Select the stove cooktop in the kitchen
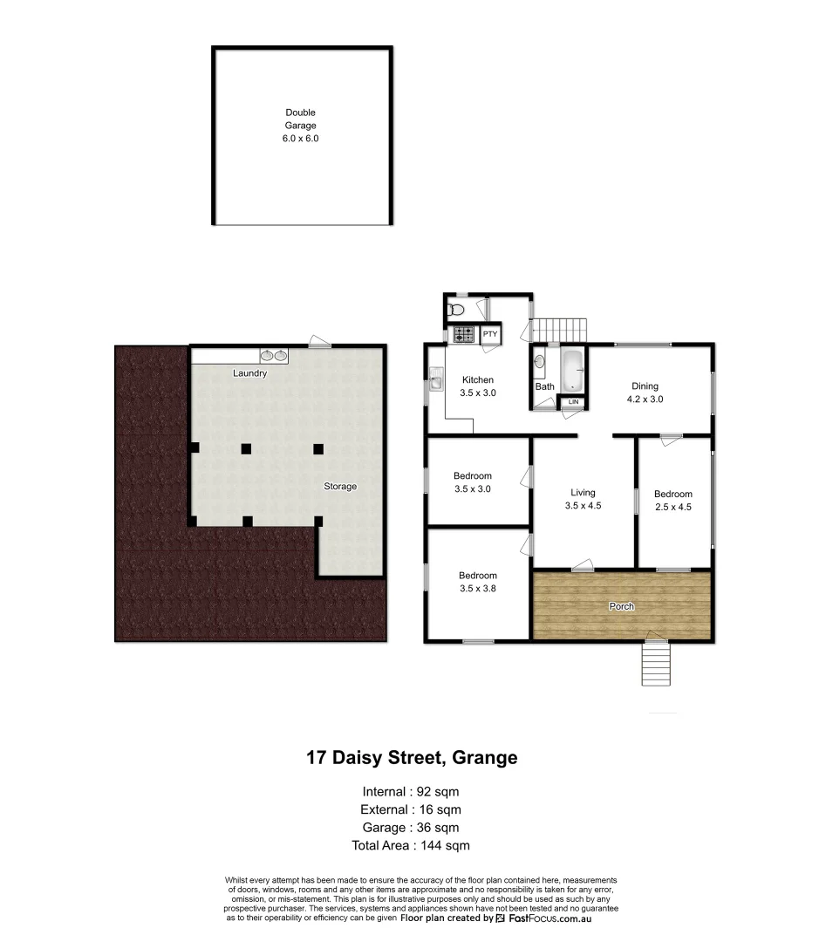coord(462,334)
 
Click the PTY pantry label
coord(490,334)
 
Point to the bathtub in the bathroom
coord(571,371)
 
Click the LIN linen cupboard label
coord(573,402)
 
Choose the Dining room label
coord(645,392)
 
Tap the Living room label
coord(583,499)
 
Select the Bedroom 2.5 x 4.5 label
coord(672,500)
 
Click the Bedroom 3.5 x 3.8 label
coord(478,582)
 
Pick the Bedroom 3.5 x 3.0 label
coord(472,482)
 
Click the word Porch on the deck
coord(622,606)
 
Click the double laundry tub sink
coord(273,356)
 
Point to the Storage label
coord(340,486)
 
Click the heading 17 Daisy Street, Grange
coord(412,758)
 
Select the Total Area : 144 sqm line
coord(412,845)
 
